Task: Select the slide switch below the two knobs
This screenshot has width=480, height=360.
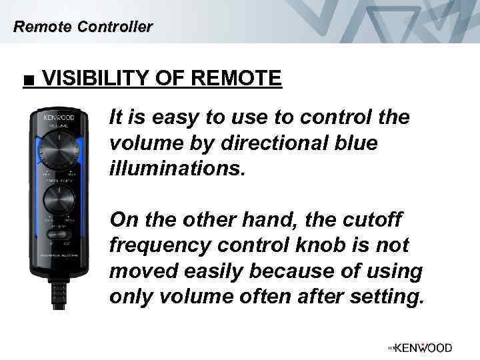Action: tap(59, 234)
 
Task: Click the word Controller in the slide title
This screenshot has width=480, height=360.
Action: tap(115, 27)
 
